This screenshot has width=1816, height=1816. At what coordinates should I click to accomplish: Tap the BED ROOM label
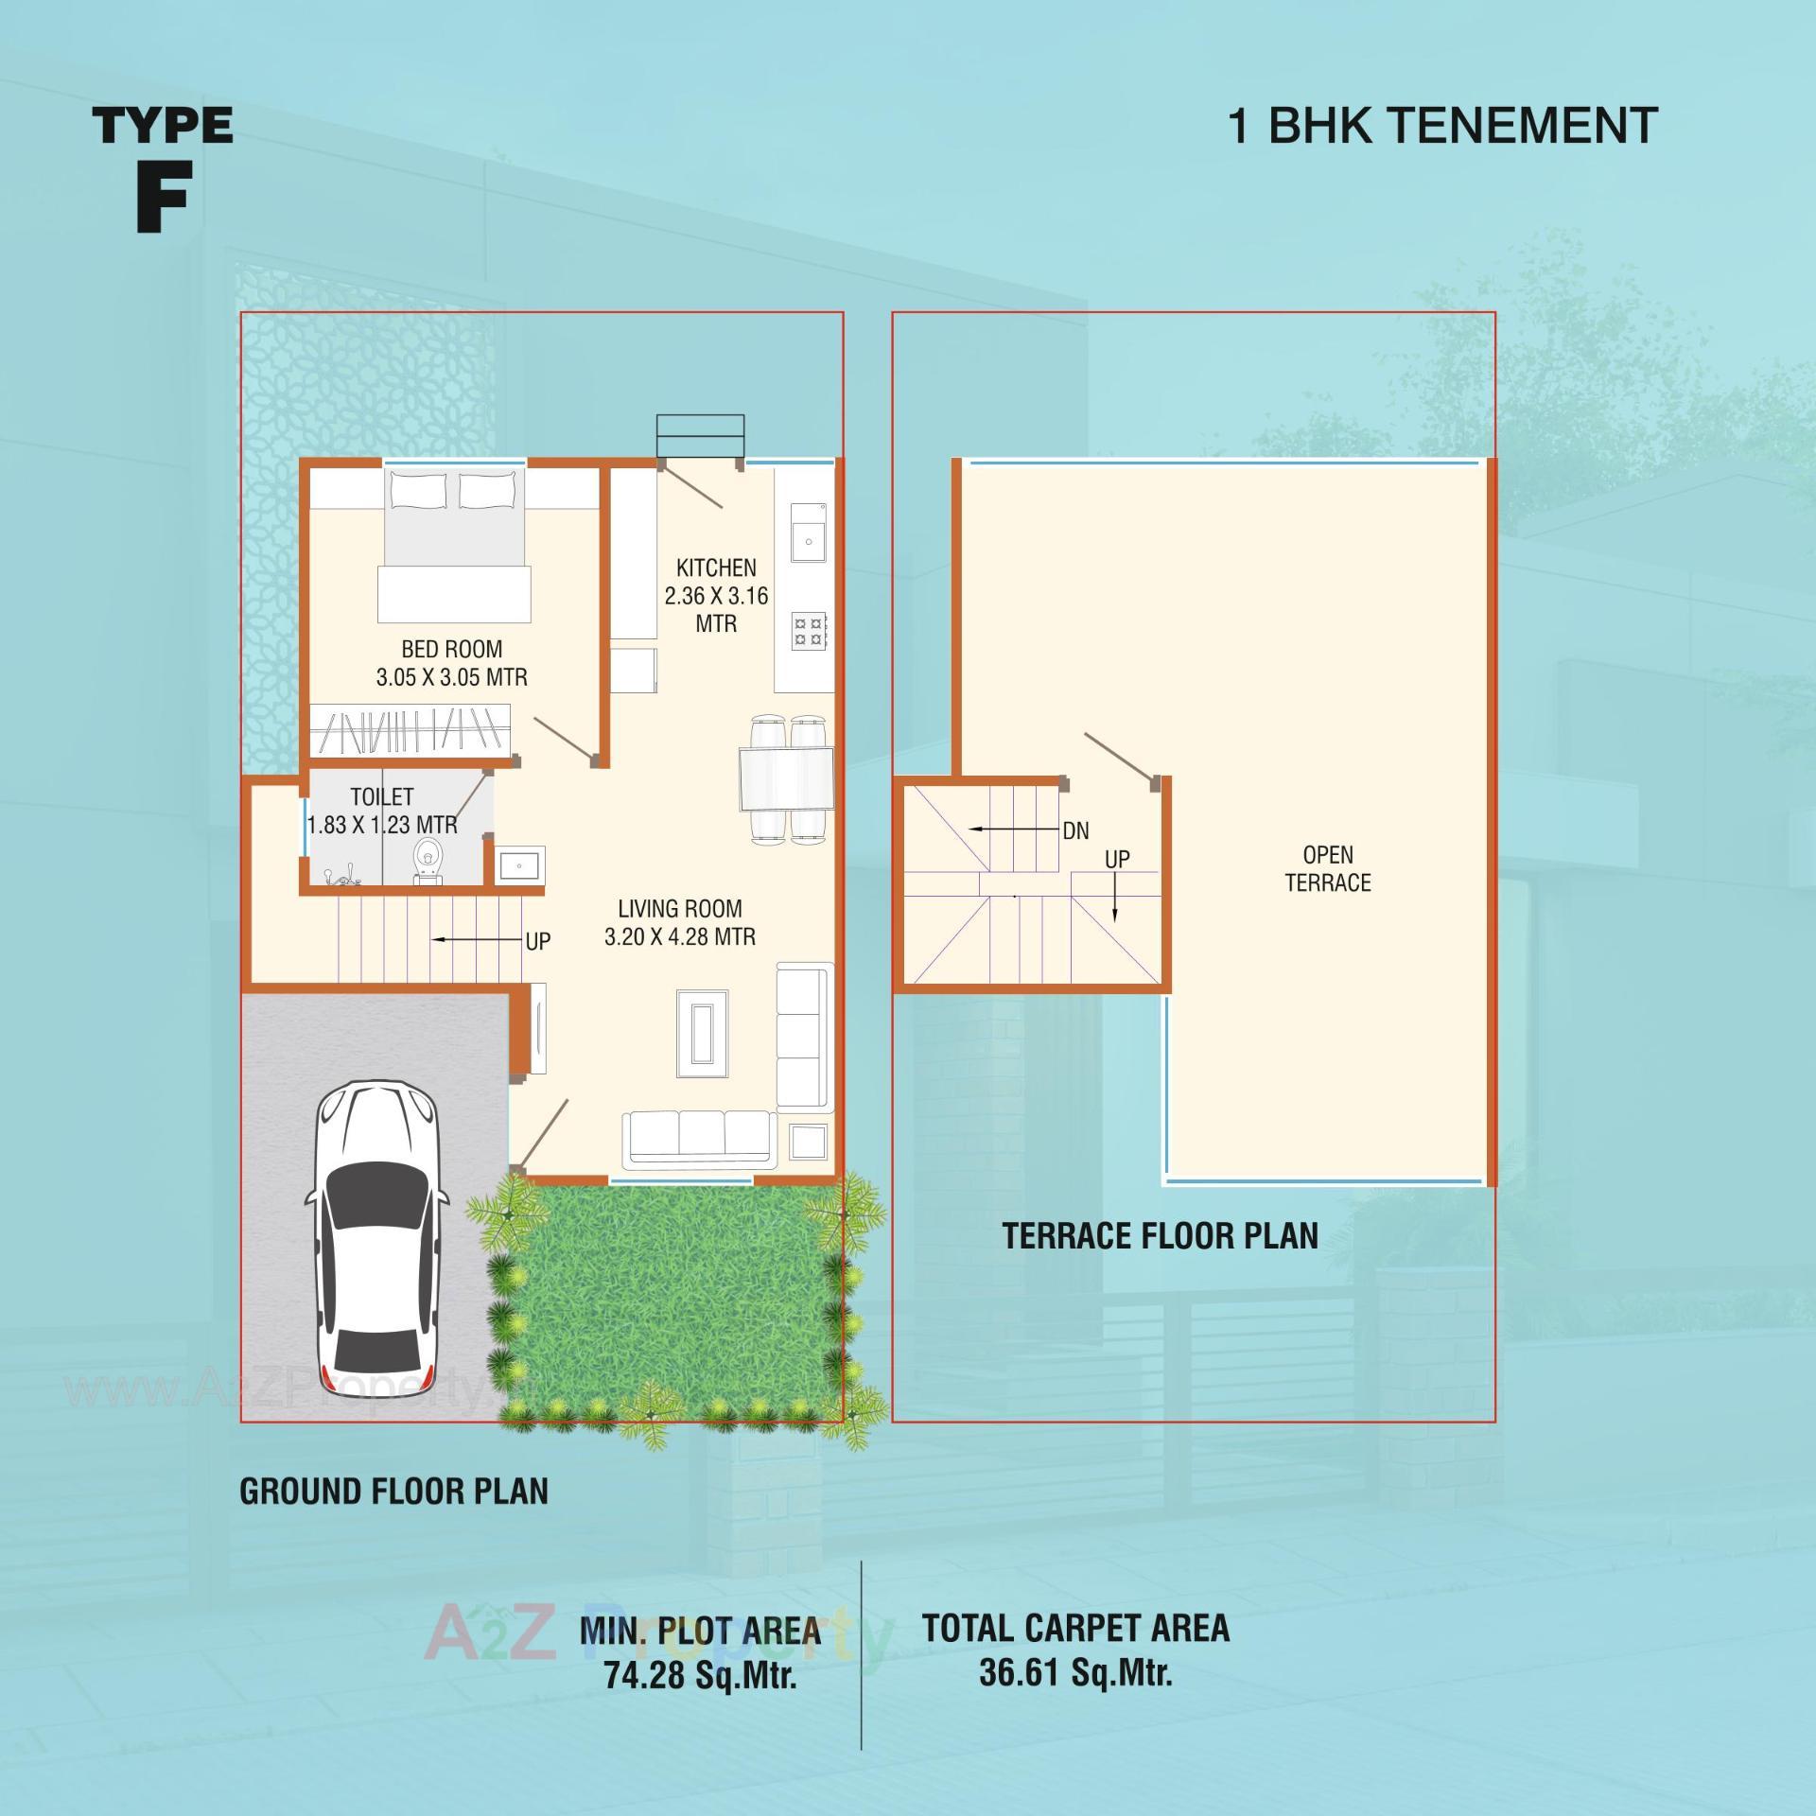[x=451, y=650]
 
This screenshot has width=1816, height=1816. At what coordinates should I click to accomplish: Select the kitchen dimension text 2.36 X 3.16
[x=716, y=596]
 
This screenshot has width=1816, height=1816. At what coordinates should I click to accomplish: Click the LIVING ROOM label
[x=679, y=909]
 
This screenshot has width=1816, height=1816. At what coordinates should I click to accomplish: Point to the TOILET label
[x=381, y=796]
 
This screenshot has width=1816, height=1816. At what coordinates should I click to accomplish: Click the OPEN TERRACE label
[x=1327, y=868]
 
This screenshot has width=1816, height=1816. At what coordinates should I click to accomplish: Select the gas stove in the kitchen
[x=809, y=631]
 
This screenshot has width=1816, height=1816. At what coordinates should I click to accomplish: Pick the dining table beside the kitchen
[x=786, y=778]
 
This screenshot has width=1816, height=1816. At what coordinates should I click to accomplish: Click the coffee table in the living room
[x=702, y=1033]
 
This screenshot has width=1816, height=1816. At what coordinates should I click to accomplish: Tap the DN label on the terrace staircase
[x=1075, y=830]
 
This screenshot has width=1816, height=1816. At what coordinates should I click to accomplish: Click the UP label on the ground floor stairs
[x=537, y=941]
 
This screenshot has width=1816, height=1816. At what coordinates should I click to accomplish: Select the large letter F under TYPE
[x=163, y=196]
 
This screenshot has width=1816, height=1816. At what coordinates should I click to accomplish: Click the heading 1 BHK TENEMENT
[x=1441, y=126]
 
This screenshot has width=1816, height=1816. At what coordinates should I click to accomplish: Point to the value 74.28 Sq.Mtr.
[x=700, y=1676]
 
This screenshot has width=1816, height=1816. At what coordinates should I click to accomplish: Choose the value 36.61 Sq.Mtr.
[x=1075, y=1672]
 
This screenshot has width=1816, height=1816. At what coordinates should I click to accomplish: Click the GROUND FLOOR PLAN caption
[x=393, y=1491]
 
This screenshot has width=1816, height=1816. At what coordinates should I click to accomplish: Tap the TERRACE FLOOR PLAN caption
[x=1160, y=1235]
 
